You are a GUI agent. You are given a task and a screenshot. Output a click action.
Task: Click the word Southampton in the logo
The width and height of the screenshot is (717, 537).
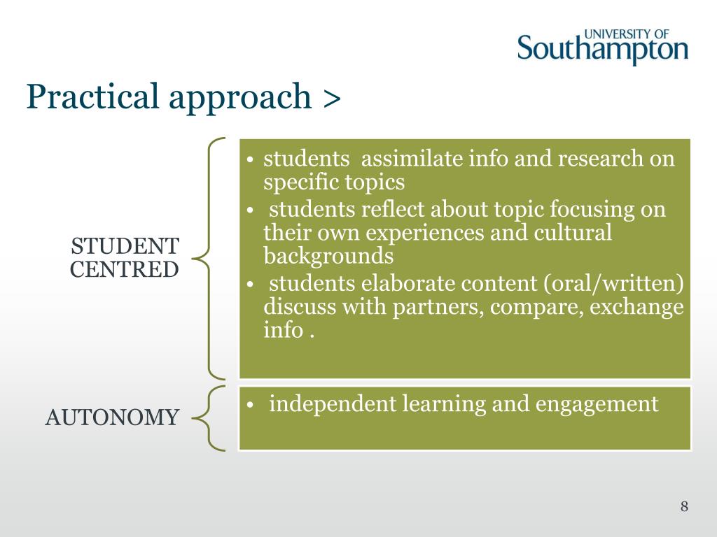coord(603,50)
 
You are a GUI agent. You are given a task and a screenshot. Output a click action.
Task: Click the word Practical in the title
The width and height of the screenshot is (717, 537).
coord(93,96)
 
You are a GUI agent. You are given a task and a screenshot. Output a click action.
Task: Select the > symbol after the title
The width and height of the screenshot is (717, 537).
coord(332,99)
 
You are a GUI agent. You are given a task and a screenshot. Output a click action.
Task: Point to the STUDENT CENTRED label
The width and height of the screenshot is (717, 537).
coord(125,257)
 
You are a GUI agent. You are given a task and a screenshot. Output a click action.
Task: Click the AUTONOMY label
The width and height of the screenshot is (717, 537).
coord(112,417)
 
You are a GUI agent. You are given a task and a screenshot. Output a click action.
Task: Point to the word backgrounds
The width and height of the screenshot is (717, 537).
coord(328,255)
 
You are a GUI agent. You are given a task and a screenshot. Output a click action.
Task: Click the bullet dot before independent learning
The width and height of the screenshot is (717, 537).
coord(250,406)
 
